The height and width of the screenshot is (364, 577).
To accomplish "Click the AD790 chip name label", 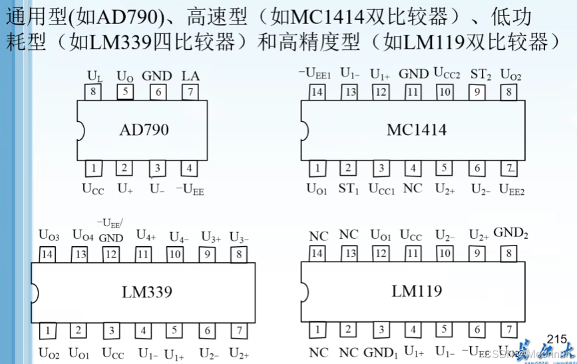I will [144, 130].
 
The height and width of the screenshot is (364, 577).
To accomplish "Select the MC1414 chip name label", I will [417, 130].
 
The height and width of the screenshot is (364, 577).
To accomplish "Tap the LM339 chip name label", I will [146, 291].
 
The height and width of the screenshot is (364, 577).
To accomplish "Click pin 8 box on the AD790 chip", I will [95, 92].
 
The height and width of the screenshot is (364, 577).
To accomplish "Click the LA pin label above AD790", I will [190, 76].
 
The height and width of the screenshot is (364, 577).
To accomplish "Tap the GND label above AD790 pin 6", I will [157, 76].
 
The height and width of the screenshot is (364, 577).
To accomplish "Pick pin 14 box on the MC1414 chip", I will [317, 92].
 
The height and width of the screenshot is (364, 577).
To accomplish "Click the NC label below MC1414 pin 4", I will [413, 188].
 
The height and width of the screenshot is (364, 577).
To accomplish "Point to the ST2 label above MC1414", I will [481, 73].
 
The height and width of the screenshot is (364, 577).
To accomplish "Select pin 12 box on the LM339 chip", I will [110, 253].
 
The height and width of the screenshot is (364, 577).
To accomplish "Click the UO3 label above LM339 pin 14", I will [49, 234].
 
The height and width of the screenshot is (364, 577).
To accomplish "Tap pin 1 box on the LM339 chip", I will [47, 330].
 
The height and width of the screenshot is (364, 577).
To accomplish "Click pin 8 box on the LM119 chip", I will [509, 253].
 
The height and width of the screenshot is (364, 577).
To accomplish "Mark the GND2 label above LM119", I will [510, 233].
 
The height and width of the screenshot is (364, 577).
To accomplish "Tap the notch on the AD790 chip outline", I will [79, 130].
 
